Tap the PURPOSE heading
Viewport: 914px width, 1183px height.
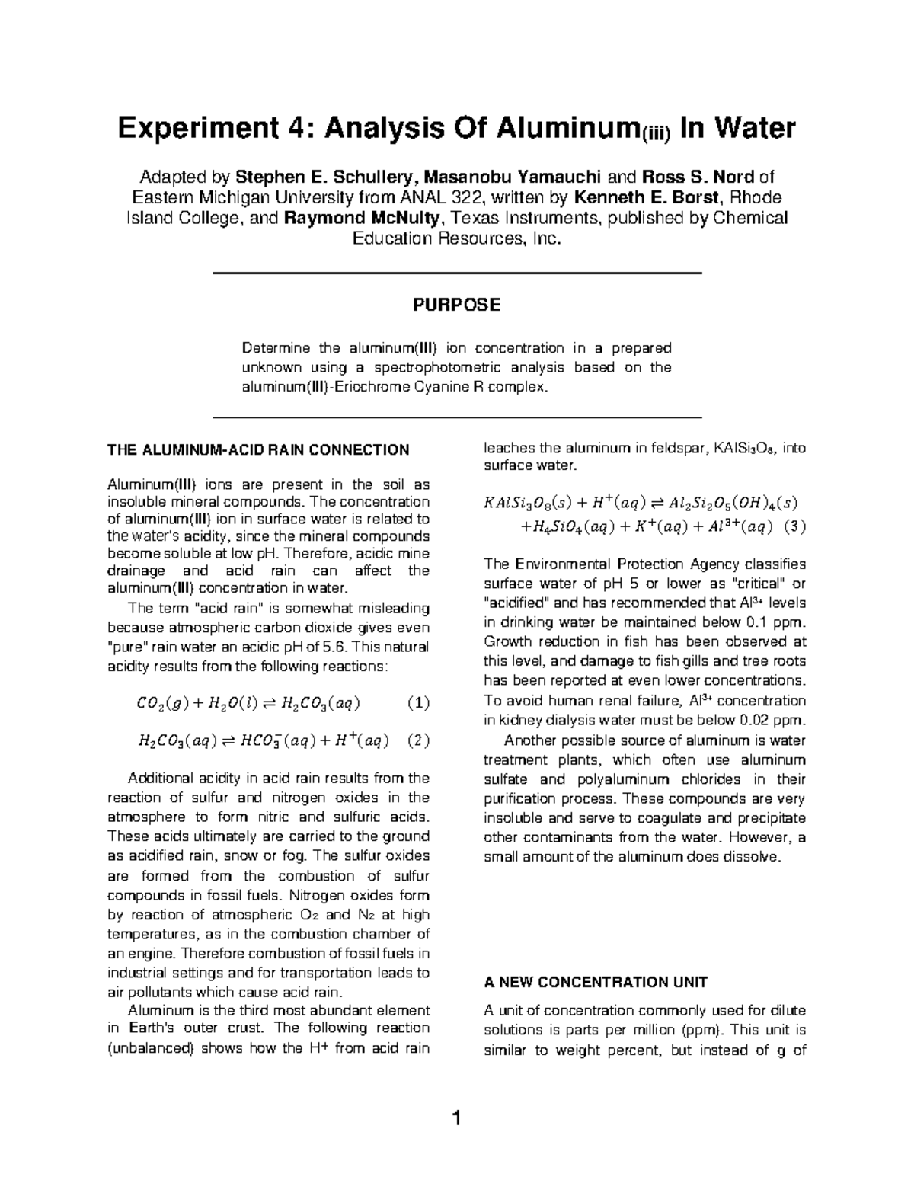[456, 305]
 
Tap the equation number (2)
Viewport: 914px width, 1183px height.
[417, 740]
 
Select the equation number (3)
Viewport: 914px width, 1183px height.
[794, 526]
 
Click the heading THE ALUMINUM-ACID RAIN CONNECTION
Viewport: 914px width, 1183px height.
[258, 449]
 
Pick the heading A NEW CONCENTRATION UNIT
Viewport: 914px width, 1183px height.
[596, 982]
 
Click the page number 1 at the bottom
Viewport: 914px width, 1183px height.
[456, 1119]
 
